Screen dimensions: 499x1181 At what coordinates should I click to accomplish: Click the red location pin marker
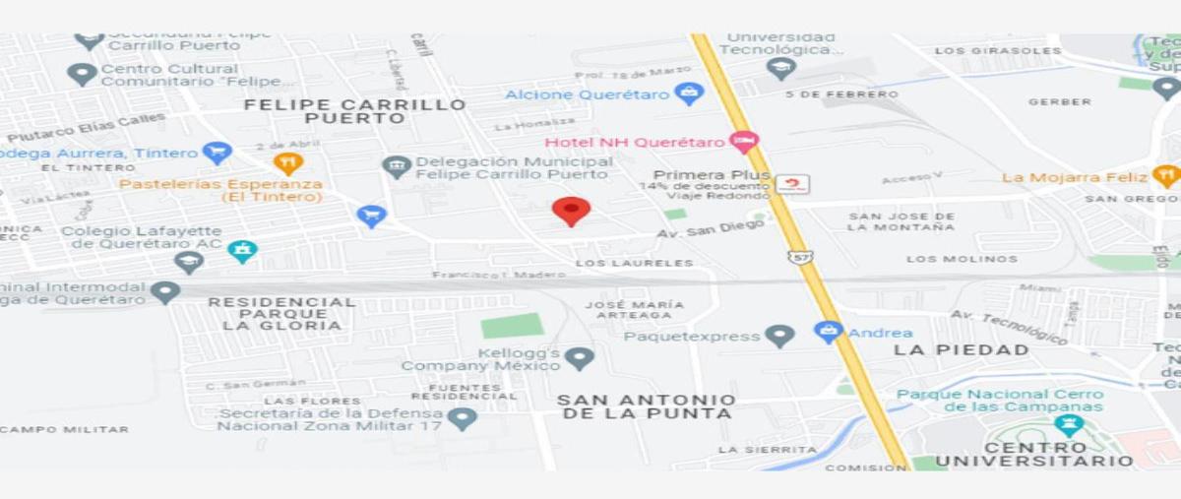[x=571, y=210]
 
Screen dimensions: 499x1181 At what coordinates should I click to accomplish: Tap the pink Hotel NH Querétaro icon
[x=744, y=142]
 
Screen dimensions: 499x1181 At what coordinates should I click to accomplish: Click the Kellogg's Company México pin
[x=580, y=358]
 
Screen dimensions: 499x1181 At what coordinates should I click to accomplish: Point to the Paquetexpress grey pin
[x=779, y=336]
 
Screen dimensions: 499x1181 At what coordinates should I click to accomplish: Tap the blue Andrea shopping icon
[x=829, y=332]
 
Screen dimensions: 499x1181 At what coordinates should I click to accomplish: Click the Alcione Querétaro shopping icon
[x=689, y=94]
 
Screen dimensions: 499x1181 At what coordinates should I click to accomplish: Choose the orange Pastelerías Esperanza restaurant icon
[x=288, y=163]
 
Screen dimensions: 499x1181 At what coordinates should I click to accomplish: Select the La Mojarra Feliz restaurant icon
[x=1166, y=176]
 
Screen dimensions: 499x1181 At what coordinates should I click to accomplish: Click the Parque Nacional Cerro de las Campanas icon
[x=1069, y=425]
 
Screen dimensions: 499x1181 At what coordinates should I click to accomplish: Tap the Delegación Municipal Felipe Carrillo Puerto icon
[x=397, y=166]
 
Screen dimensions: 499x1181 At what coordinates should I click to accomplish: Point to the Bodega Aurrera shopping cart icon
[x=217, y=153]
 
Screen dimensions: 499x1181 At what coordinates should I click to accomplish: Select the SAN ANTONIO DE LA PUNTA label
[x=646, y=406]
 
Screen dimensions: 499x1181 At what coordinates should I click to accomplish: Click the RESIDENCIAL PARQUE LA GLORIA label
[x=282, y=313]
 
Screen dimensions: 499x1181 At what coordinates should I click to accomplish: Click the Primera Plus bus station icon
[x=792, y=183]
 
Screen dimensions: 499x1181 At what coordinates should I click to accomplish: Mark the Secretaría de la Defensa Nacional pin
[x=462, y=418]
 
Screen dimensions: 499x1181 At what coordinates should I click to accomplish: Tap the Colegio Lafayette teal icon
[x=242, y=251]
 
